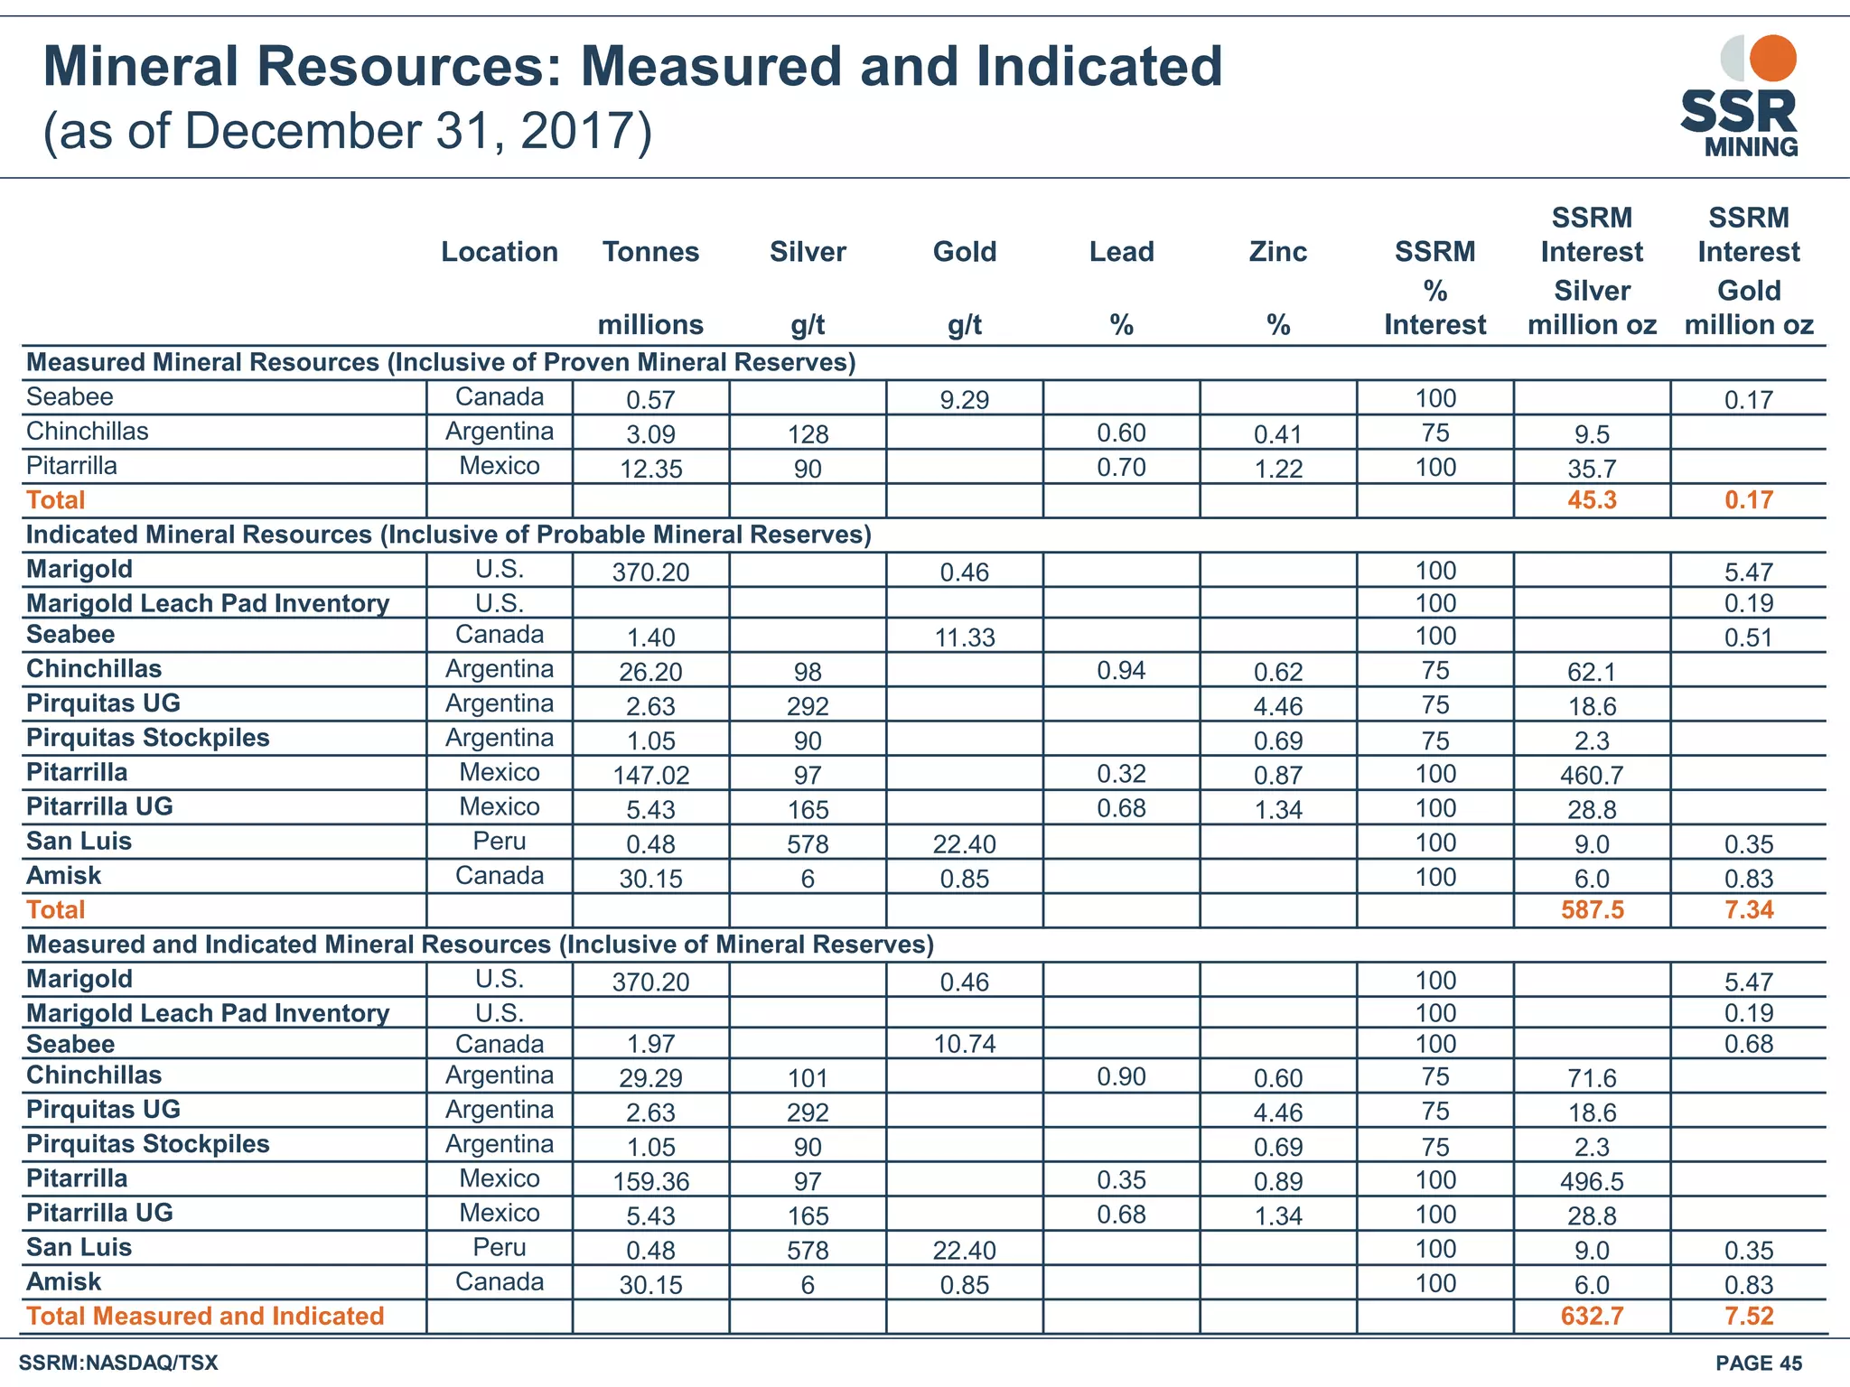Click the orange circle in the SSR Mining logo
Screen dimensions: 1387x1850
point(1772,59)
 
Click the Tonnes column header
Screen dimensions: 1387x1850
point(650,252)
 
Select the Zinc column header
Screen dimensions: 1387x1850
point(1277,252)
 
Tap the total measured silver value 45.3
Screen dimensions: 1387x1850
point(1592,500)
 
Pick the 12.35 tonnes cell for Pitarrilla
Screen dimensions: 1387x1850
point(650,470)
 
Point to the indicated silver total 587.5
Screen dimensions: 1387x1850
point(1592,910)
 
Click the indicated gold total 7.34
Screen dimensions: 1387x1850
point(1748,910)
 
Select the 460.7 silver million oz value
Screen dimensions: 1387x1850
point(1592,775)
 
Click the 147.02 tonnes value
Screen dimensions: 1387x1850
point(650,776)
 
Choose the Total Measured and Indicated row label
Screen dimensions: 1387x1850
point(205,1317)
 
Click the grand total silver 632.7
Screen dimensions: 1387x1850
point(1592,1317)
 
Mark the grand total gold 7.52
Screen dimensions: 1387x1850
point(1748,1317)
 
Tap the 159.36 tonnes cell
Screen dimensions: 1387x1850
point(650,1182)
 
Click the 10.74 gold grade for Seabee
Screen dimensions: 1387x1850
point(964,1045)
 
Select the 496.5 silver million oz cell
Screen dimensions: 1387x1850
point(1592,1181)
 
